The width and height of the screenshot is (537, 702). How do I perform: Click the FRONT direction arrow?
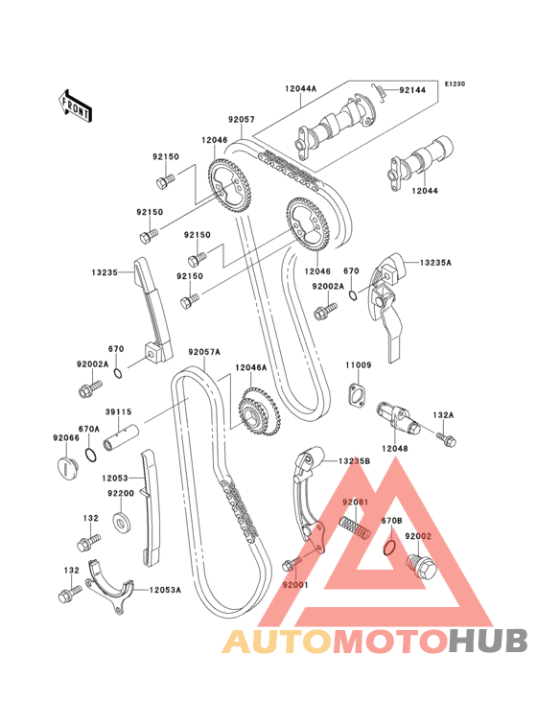coord(75,105)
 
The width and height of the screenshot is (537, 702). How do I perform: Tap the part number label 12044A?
coord(300,88)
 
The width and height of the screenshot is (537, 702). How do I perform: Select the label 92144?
coord(412,90)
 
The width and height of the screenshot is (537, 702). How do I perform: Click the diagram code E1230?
coord(455,83)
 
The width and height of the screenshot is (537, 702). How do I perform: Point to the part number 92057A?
coord(204,352)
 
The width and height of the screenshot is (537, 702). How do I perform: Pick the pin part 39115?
coord(121,437)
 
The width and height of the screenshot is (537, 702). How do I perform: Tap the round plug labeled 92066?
coord(68,468)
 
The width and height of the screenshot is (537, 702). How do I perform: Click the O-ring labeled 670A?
coord(91,455)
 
